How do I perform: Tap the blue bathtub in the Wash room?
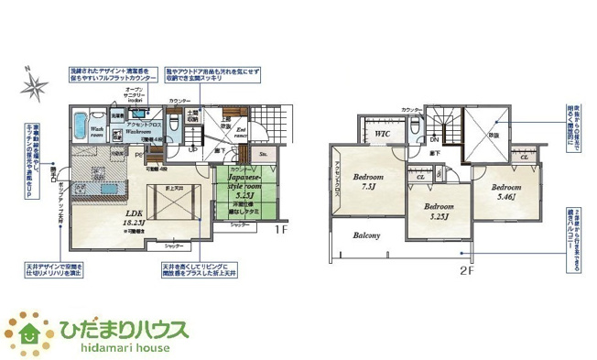[x=79, y=123]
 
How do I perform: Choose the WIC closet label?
[x=382, y=135]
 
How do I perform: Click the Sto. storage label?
[x=264, y=157]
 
